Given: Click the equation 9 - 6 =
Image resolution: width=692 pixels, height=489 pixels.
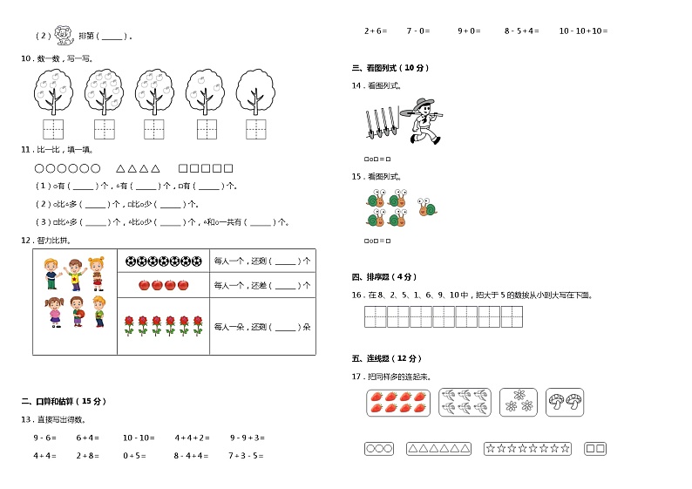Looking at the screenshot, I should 44,438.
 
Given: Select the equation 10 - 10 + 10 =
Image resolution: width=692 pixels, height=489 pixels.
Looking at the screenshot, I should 582,31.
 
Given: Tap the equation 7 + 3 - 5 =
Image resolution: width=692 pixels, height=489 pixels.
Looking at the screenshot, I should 247,455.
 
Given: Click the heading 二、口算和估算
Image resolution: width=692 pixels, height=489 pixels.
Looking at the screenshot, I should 64,401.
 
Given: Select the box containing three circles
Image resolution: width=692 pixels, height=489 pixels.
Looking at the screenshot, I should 378,449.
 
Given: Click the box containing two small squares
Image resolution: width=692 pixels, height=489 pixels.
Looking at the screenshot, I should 594,449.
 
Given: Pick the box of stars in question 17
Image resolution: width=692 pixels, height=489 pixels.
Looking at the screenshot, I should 527,449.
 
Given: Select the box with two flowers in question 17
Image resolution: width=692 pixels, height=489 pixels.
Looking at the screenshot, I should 518,402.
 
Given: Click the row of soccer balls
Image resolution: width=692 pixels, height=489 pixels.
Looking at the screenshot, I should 163,260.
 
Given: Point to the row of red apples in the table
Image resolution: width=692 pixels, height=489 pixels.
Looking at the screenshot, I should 164,284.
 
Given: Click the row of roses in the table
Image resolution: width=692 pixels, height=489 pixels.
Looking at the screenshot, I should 163,326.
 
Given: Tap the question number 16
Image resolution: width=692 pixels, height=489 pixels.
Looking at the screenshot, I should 356,295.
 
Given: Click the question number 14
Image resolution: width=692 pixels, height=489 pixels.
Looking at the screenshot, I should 356,85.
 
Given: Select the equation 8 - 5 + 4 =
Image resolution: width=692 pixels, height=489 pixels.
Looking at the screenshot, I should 521,31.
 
